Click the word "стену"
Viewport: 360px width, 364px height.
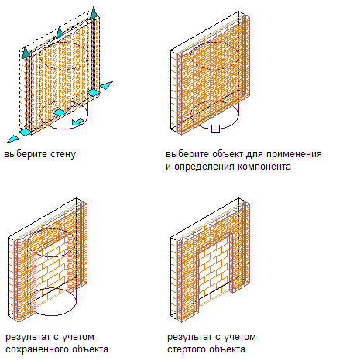(x=63, y=154)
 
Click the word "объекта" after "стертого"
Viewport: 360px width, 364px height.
(x=227, y=349)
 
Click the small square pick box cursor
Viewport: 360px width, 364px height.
(x=215, y=129)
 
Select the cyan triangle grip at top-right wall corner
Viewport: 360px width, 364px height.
(x=94, y=12)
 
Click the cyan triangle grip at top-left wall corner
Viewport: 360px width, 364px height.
(x=26, y=52)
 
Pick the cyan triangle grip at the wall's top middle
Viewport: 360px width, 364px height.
(x=60, y=32)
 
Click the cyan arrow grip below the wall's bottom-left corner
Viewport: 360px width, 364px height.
(x=13, y=139)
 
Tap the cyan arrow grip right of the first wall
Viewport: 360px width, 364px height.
(x=106, y=85)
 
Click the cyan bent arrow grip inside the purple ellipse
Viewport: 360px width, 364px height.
(x=77, y=122)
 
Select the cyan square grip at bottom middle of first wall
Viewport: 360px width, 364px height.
(x=60, y=112)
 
